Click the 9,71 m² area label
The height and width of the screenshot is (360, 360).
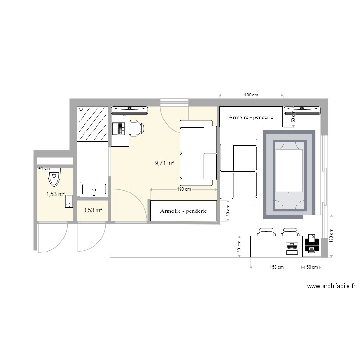pos(164,163)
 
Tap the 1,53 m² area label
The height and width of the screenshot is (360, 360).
pos(55,194)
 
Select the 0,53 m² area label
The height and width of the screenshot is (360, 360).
pos(93,210)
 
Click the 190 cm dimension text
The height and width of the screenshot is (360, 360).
pos(184,189)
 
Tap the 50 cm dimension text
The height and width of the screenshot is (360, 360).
pos(312,267)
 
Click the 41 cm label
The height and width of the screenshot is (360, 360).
pos(44,168)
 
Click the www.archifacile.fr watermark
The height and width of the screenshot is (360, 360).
pos(331,286)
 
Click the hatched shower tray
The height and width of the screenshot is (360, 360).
pos(93,124)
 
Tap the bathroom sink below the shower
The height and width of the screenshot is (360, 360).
pos(94,190)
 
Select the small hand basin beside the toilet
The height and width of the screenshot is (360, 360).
pos(69,201)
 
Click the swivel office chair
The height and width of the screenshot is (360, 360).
pos(135,128)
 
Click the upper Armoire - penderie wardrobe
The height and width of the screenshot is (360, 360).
pos(251,117)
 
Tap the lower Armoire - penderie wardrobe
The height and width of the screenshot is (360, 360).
pos(183,211)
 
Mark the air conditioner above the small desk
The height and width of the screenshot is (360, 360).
pos(130,110)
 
